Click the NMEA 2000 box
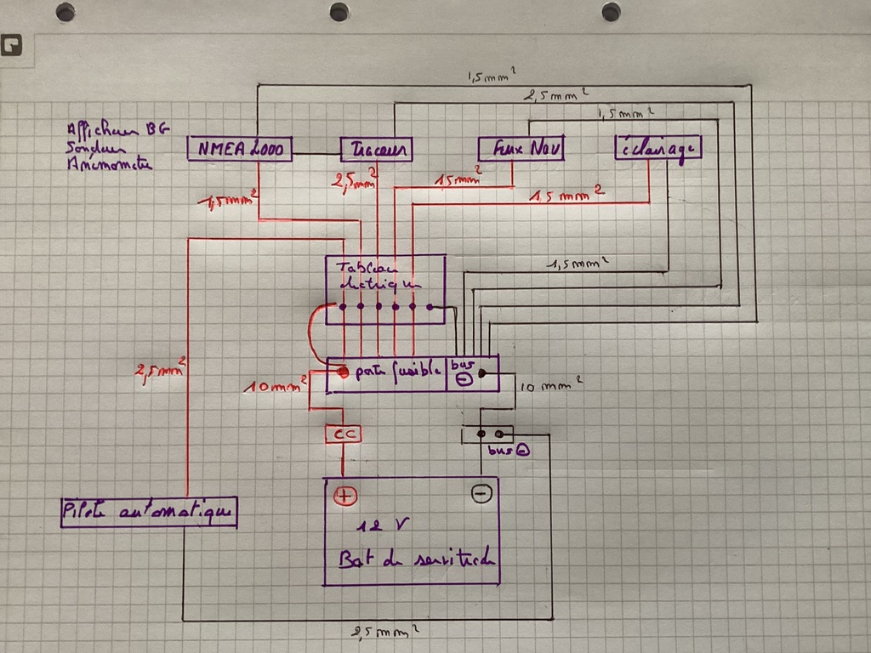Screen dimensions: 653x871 point(240,150)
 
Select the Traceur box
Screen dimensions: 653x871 point(376,150)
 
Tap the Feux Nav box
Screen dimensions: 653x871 point(521,147)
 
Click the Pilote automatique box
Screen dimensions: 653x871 point(149,512)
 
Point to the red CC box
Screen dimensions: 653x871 point(344,434)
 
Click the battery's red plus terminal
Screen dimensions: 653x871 point(344,496)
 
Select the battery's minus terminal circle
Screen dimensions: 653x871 point(481,492)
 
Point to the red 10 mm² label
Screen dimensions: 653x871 point(276,387)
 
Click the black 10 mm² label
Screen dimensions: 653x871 point(550,387)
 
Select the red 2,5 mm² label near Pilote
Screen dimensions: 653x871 point(161,372)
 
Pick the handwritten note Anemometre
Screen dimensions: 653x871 point(110,166)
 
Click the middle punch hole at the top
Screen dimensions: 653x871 point(339,12)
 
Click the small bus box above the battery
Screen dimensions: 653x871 point(487,434)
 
